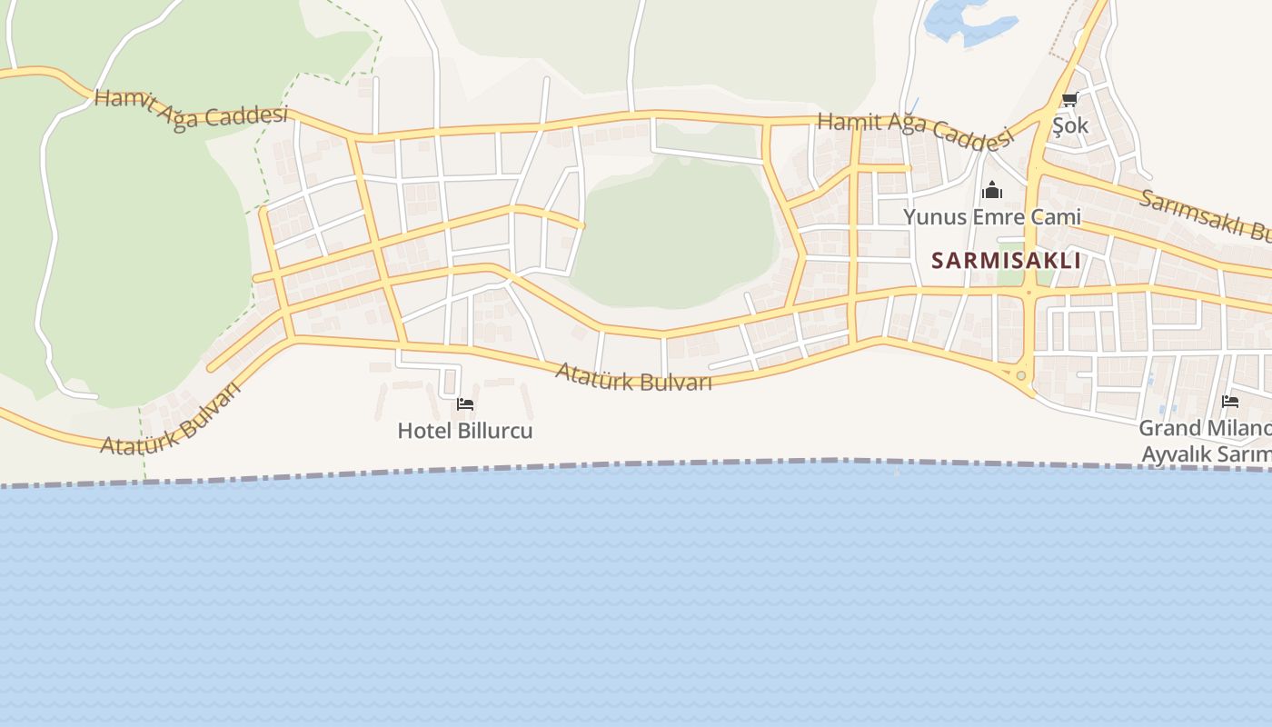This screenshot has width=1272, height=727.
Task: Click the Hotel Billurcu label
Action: [464, 430]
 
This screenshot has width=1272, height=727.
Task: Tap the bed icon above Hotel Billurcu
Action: [465, 404]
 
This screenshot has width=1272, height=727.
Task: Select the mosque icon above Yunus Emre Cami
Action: [991, 191]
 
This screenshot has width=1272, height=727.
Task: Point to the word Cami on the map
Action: [1053, 217]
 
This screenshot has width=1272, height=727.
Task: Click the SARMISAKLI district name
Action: [1006, 261]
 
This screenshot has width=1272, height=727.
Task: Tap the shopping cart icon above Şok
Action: [1069, 100]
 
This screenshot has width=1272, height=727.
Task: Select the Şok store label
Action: [1070, 125]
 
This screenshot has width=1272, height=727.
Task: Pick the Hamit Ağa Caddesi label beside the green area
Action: [191, 109]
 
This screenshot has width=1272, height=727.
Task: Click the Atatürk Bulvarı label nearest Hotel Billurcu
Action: [633, 376]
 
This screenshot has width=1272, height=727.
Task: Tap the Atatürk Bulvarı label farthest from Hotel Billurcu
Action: [171, 420]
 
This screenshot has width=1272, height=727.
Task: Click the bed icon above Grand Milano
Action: [1230, 401]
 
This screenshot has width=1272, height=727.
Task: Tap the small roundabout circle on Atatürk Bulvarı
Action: [1021, 375]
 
